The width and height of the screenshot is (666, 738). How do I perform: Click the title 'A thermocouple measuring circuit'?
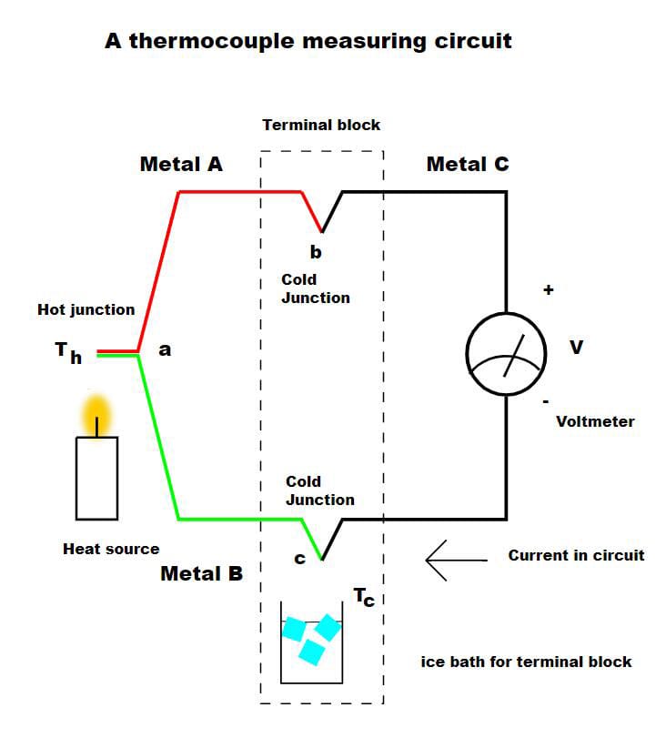pyautogui.click(x=308, y=41)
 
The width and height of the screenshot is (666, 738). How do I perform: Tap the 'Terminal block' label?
pyautogui.click(x=321, y=125)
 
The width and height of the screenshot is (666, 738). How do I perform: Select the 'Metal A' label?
pyautogui.click(x=181, y=165)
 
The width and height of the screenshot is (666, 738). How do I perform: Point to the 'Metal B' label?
pyautogui.click(x=201, y=574)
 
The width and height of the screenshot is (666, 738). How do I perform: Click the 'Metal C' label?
pyautogui.click(x=468, y=165)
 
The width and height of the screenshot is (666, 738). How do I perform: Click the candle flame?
pyautogui.click(x=96, y=415)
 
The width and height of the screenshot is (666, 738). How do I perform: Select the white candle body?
pyautogui.click(x=96, y=478)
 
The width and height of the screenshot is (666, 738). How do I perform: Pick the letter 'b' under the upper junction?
pyautogui.click(x=316, y=252)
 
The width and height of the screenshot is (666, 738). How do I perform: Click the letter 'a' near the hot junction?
pyautogui.click(x=165, y=349)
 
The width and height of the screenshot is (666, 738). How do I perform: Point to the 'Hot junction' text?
pyautogui.click(x=86, y=309)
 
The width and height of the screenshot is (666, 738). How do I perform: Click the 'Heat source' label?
pyautogui.click(x=111, y=549)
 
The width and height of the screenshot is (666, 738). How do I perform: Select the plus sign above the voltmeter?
pyautogui.click(x=548, y=290)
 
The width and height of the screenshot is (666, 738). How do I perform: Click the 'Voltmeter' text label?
pyautogui.click(x=595, y=421)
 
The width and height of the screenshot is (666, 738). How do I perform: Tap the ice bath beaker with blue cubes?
pyautogui.click(x=311, y=642)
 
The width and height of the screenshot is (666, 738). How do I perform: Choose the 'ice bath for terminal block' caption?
pyautogui.click(x=526, y=662)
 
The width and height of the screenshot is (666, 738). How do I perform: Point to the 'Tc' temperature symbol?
pyautogui.click(x=364, y=598)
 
